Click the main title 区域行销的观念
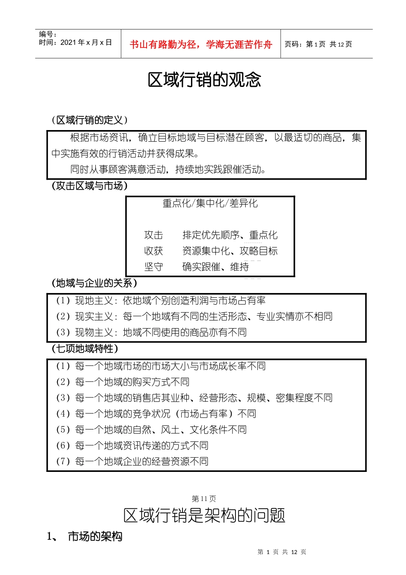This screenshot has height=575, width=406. click(x=204, y=80)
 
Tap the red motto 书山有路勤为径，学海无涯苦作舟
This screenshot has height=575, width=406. click(x=200, y=44)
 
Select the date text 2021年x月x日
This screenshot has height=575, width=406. click(x=86, y=42)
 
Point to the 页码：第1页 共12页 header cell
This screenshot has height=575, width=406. click(x=318, y=44)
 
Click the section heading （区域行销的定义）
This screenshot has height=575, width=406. click(x=89, y=120)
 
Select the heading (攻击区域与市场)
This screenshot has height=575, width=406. click(x=89, y=186)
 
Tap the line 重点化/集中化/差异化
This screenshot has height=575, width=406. click(x=210, y=203)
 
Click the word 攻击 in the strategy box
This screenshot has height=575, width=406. click(x=153, y=235)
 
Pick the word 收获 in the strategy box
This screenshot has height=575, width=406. click(x=153, y=251)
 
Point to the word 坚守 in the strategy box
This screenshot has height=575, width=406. click(x=153, y=267)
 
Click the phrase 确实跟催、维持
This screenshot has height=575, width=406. click(x=215, y=267)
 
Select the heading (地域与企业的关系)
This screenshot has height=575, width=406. click(x=94, y=283)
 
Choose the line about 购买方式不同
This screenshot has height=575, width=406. click(x=123, y=382)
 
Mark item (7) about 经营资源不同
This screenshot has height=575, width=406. click(x=132, y=462)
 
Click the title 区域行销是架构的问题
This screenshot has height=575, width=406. click(x=204, y=516)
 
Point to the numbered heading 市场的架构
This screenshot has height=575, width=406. click(x=95, y=536)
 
